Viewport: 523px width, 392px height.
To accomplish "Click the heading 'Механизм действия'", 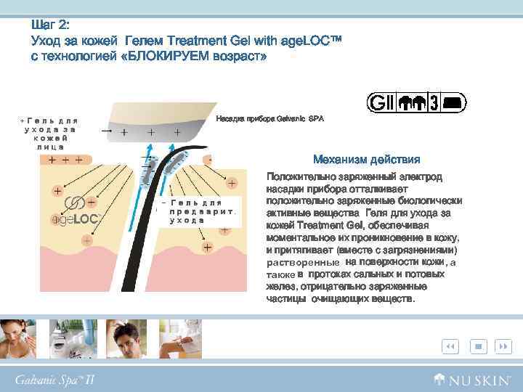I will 366,160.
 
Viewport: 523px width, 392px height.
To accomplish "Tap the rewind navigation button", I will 450,347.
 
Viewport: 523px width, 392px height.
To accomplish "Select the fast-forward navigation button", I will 502,347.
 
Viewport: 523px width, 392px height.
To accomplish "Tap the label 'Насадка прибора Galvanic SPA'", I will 269,118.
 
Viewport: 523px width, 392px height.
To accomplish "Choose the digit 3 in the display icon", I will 433,103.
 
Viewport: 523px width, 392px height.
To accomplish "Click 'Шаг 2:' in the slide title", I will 50,24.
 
